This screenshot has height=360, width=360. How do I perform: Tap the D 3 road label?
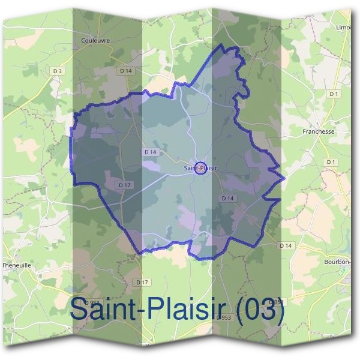[x=58, y=71]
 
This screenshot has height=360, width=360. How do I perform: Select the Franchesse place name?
[x=318, y=131]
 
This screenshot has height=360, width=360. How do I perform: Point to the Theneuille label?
[x=16, y=265]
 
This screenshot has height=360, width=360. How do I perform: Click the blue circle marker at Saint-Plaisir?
[x=201, y=169]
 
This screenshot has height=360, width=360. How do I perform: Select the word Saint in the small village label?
[x=191, y=169]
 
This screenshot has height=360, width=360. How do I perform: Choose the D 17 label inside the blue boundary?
[x=125, y=185]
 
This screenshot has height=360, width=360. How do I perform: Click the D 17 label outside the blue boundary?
[x=142, y=281]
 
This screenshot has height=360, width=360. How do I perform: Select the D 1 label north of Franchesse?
[x=334, y=94]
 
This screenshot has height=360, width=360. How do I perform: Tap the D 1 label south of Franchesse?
[x=331, y=162]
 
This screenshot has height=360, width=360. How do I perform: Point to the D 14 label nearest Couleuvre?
[x=125, y=70]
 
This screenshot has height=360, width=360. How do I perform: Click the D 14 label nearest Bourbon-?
[x=286, y=245]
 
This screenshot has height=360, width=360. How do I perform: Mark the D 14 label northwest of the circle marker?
[x=150, y=152]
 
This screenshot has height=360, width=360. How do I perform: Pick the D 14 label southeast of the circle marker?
[x=227, y=197]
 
